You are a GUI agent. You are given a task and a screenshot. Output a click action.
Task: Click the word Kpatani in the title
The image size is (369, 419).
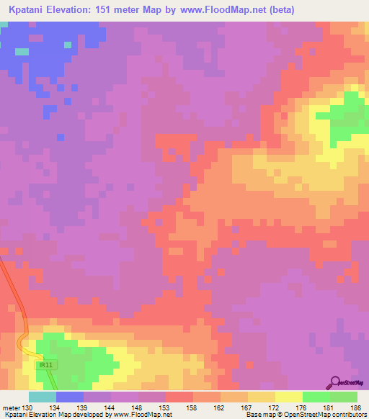(31, 9)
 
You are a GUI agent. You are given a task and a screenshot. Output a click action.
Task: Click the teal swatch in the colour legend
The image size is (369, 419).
(42, 397)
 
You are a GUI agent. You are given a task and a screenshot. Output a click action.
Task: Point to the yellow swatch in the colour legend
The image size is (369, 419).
(288, 397)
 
